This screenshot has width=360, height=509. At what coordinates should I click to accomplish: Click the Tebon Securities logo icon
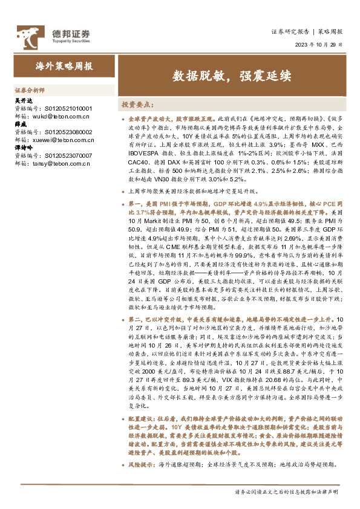(x=28, y=35)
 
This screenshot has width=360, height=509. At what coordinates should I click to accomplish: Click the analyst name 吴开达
(x=22, y=101)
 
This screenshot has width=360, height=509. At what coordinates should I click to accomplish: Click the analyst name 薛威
(x=20, y=124)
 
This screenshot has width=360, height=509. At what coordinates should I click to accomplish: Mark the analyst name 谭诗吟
(x=22, y=148)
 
